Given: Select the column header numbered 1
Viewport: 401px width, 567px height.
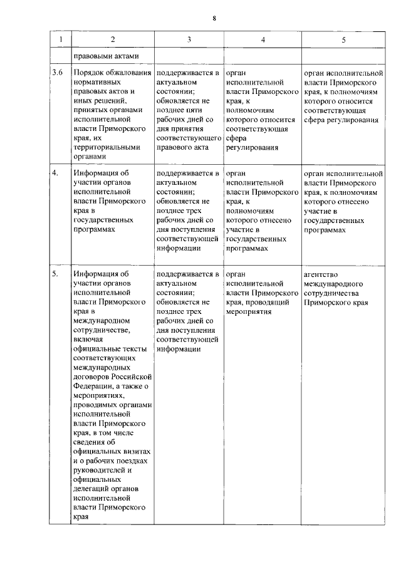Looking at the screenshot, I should tap(60, 39).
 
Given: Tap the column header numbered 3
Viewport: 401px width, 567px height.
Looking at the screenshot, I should tap(189, 39).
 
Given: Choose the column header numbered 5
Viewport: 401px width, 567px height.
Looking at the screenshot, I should tap(343, 39).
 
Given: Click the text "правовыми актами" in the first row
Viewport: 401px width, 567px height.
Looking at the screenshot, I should tap(105, 56).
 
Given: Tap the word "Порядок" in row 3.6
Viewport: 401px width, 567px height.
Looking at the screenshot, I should tap(90, 73).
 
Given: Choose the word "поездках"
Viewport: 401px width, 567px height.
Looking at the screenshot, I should tap(131, 461).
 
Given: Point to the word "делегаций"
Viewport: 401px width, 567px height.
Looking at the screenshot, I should tap(93, 489).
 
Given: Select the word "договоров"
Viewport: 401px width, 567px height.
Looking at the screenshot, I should tap(93, 377).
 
